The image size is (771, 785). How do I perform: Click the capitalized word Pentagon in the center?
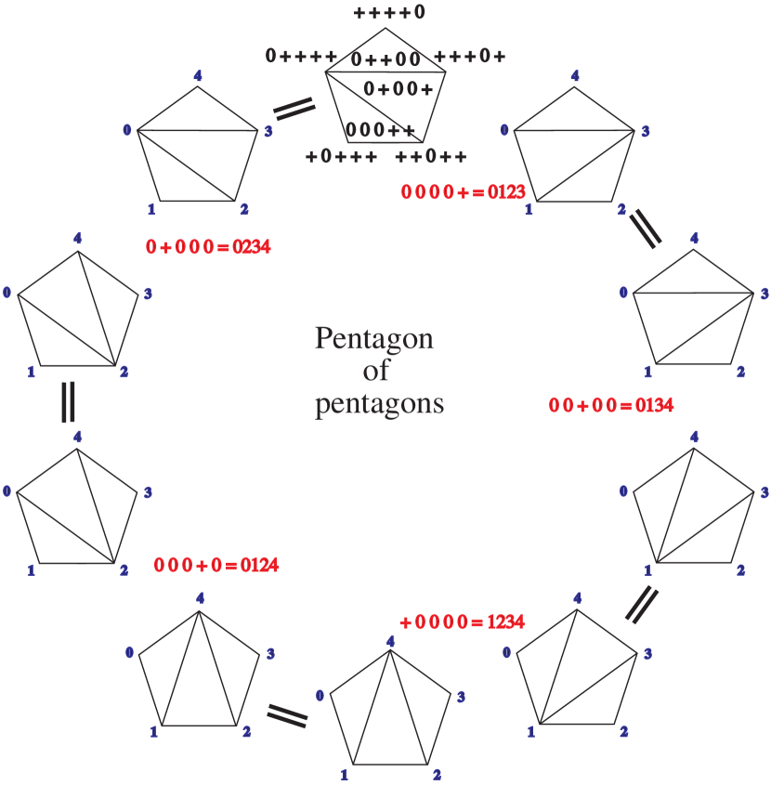pos(373,339)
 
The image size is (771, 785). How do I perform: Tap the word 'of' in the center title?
pos(376,372)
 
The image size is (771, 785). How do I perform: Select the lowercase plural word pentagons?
pos(379,404)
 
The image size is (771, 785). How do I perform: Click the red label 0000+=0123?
pos(464,192)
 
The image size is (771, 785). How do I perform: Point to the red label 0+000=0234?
pos(208,247)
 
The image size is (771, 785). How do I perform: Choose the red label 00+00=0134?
pos(611,405)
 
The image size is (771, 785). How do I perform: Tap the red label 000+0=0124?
pos(216,565)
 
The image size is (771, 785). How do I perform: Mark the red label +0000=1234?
pos(462,621)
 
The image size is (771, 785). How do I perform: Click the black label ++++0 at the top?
pos(389,13)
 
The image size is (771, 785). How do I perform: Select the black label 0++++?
pos(301,56)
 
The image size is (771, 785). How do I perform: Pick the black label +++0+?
pos(470,56)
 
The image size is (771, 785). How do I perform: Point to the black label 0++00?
pos(385,60)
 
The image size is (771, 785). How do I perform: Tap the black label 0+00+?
pos(399,89)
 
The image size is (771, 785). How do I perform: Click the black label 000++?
pos(380,130)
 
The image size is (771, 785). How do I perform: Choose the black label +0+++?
pos(342,156)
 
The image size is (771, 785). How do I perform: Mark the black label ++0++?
pos(431,156)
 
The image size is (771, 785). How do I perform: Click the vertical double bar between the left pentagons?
pos(68,401)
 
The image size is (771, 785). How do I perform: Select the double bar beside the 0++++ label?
pos(294,109)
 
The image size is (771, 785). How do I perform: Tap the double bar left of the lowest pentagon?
pos(287,714)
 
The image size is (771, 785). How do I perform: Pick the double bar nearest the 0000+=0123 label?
pos(646,228)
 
